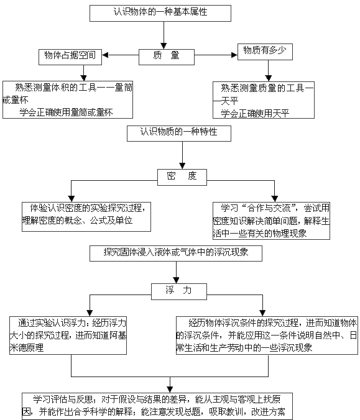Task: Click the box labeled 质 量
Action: point(167,57)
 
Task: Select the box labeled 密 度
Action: point(182,177)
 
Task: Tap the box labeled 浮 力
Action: point(179,291)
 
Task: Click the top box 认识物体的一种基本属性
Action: point(160,13)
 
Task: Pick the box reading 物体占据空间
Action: point(70,57)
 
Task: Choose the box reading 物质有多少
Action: point(265,52)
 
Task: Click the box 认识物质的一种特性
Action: point(179,133)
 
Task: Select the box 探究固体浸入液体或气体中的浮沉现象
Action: point(176,253)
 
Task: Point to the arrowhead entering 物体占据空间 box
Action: point(105,55)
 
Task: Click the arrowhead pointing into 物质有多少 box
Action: point(234,55)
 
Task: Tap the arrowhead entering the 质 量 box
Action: point(164,46)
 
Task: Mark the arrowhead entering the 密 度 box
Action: point(182,166)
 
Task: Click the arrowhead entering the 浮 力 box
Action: point(176,280)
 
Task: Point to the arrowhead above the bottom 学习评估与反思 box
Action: point(170,390)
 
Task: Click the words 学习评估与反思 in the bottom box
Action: point(63,399)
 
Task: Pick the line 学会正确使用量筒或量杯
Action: point(66,112)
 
